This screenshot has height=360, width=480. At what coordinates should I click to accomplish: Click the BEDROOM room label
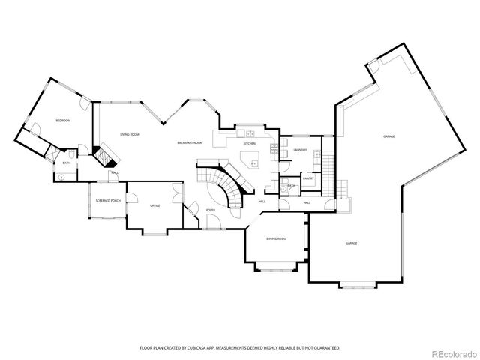63,120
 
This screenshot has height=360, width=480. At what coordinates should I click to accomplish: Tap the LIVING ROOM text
130,134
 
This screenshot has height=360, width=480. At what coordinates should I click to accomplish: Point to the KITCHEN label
249,143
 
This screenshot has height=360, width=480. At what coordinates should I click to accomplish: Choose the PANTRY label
308,178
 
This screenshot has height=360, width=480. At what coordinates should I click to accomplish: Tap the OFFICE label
155,205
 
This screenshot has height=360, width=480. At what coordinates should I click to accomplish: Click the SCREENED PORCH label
109,201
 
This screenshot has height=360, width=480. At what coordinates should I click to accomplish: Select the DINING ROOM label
276,238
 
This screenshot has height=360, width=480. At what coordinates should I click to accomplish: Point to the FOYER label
211,210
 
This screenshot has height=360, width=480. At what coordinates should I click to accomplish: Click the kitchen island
250,160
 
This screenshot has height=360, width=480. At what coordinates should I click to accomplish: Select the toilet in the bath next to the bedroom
61,177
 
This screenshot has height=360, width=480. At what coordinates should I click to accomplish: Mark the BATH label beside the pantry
291,186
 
